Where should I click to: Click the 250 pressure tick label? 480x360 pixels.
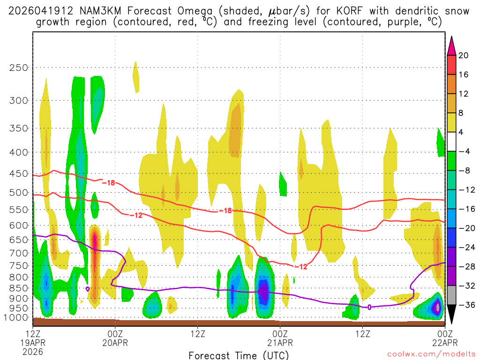[19, 67]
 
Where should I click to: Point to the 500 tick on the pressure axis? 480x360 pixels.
[19, 192]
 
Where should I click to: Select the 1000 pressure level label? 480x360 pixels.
[16, 318]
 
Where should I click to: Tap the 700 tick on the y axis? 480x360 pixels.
[19, 253]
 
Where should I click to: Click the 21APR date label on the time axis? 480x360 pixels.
[280, 342]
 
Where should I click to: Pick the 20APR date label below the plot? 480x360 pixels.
[115, 342]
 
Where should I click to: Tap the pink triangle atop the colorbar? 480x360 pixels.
[451, 44]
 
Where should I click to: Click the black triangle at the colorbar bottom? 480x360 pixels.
[451, 316]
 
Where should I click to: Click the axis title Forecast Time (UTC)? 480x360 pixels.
[239, 355]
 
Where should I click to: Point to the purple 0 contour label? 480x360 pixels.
[369, 307]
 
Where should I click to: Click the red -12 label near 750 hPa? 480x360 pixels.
[301, 267]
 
